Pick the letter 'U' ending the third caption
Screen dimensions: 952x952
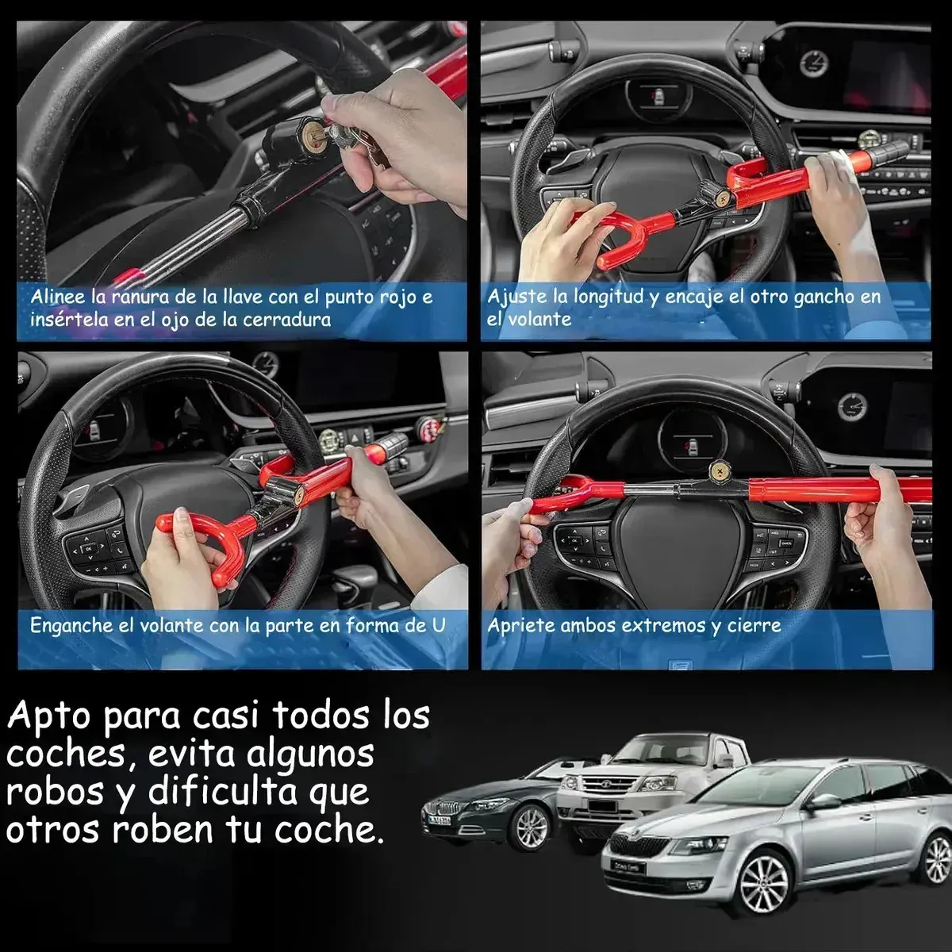click(x=438, y=625)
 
